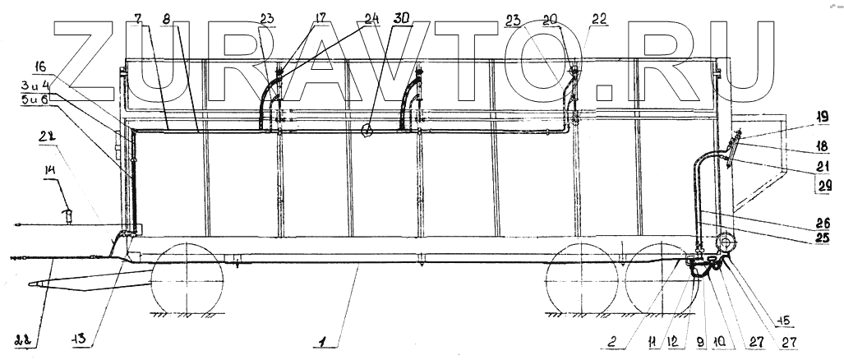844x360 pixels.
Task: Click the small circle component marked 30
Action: click(367, 129)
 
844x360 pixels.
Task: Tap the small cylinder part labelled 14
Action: click(70, 216)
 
